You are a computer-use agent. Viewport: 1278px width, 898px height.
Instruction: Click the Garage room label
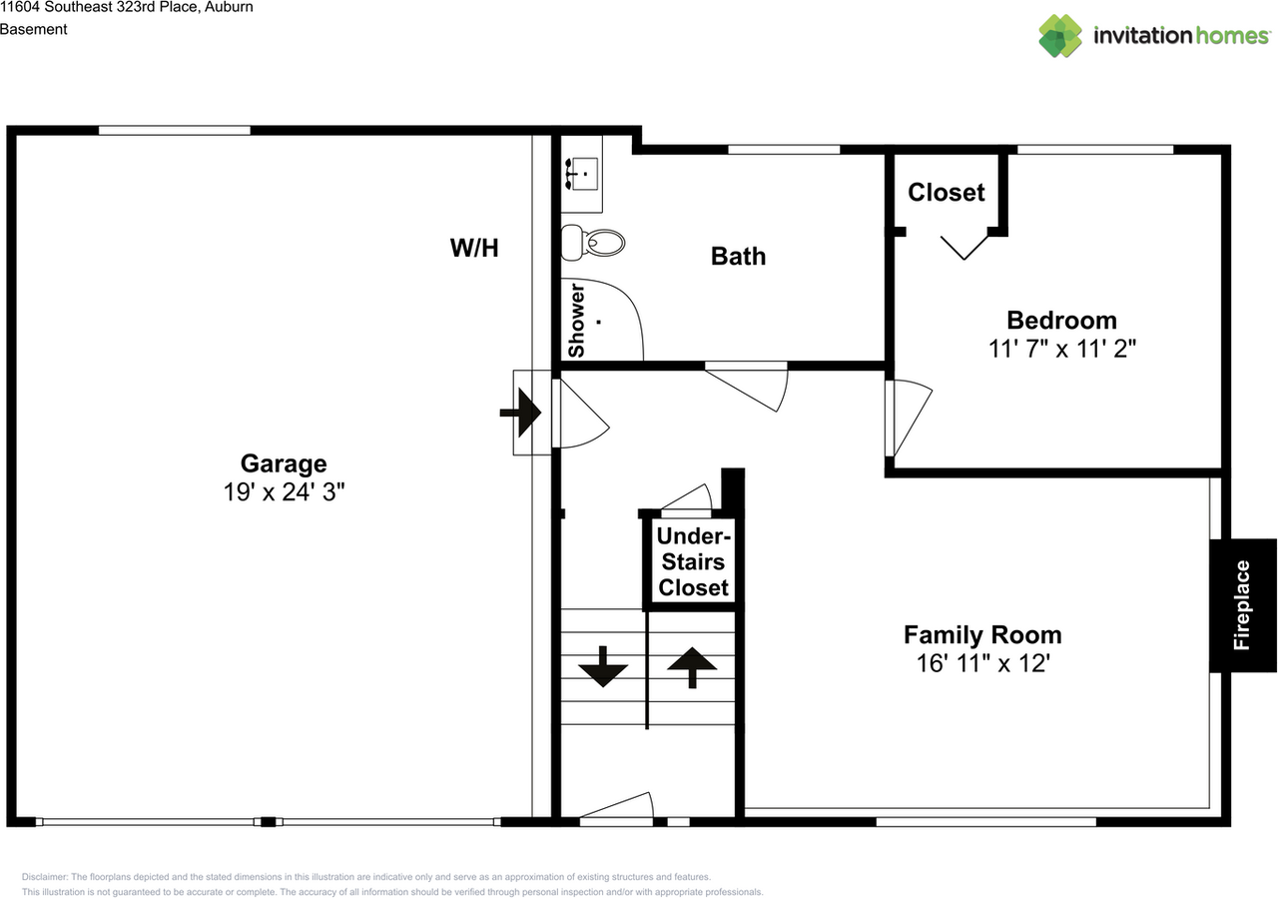[284, 463]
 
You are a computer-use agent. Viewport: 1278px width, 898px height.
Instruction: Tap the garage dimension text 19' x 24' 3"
[284, 492]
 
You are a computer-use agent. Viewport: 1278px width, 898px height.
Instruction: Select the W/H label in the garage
[474, 248]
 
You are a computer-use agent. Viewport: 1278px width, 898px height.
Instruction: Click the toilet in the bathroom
[593, 243]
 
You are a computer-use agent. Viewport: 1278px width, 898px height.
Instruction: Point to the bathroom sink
[581, 174]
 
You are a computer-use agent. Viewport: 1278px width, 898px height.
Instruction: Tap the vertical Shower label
[577, 321]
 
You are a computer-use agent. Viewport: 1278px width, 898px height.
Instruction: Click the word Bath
[738, 257]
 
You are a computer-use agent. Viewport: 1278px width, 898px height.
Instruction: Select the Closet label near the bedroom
[946, 193]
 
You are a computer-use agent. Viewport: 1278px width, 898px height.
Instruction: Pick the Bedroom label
[1061, 321]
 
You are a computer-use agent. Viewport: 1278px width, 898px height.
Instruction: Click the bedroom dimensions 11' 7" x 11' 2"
[1061, 349]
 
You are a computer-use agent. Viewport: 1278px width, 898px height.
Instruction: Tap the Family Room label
[982, 635]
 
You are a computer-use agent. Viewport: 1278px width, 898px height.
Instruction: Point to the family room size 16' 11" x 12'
[982, 663]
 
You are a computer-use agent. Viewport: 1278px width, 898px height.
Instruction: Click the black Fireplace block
[1242, 605]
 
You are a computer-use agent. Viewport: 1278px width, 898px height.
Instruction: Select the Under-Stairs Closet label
[693, 561]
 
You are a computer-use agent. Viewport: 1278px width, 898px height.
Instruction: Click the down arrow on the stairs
[603, 666]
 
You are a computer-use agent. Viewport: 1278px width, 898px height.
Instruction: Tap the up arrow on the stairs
[692, 667]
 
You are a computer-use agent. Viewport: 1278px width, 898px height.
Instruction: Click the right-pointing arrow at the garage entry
[520, 413]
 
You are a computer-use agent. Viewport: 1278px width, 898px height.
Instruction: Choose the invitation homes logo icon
[1060, 36]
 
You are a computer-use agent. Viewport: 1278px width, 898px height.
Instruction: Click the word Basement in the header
[34, 29]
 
